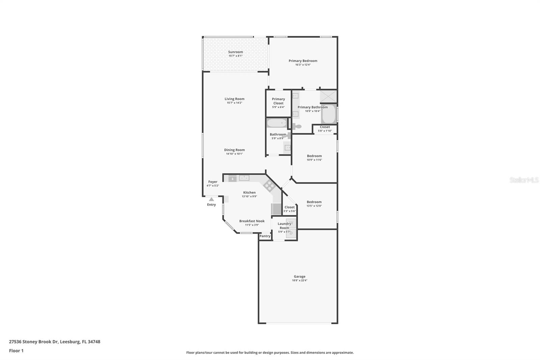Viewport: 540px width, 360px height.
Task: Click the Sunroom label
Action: coord(236,52)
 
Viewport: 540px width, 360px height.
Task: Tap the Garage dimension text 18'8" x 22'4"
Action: coord(299,280)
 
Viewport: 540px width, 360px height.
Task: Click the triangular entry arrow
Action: coord(211,199)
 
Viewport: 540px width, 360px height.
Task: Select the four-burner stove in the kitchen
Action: coord(269,186)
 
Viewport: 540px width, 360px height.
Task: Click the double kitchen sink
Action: coord(244,178)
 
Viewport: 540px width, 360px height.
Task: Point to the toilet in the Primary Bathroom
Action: coord(297,126)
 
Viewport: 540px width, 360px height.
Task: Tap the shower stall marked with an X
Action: coord(328,97)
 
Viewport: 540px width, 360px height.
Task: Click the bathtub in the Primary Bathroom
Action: coord(329,114)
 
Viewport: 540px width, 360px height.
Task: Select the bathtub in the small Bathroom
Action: coord(277,123)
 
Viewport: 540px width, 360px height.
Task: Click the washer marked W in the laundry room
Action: coord(291,223)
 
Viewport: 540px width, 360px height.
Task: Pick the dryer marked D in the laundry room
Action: coord(291,233)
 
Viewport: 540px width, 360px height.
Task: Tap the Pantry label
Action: coord(265,236)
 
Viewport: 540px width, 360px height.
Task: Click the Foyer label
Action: coord(213,182)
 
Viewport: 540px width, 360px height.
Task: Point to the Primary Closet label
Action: coord(278,101)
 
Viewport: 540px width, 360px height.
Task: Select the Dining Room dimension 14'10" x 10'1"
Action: coord(234,154)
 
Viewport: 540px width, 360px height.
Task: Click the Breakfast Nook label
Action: coord(252,221)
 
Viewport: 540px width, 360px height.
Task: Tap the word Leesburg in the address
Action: coord(70,342)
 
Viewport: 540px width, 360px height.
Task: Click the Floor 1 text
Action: coord(16,351)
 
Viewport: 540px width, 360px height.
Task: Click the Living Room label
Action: coord(234,99)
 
